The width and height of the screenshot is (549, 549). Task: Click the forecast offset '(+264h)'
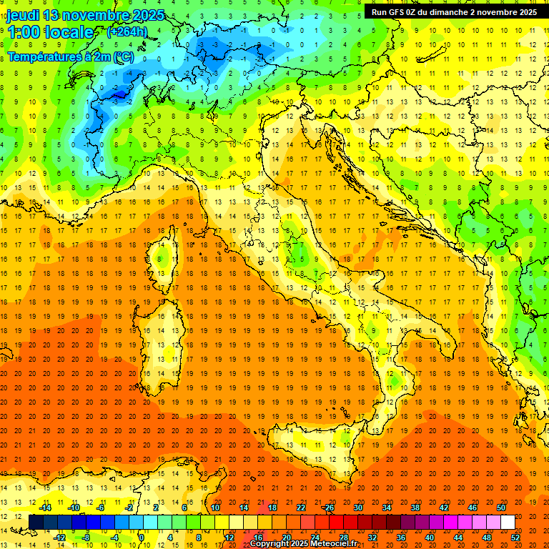(x=127, y=32)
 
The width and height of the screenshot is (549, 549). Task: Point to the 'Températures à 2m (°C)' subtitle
(x=70, y=56)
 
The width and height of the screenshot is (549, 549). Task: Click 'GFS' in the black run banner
(x=401, y=12)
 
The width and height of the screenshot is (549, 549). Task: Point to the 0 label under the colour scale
(x=142, y=538)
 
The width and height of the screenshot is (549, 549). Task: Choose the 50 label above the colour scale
(x=501, y=508)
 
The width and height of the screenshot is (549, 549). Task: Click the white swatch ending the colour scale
(x=508, y=523)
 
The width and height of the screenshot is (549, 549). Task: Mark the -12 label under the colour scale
(x=59, y=538)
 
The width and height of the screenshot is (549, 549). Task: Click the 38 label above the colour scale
(x=415, y=508)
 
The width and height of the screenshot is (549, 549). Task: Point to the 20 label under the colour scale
(x=286, y=538)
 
